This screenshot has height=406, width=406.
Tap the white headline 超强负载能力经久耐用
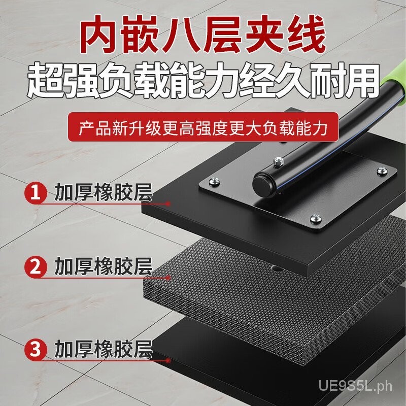[x=203, y=81]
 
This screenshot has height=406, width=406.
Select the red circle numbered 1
[x=36, y=193]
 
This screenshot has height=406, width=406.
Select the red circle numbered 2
[x=36, y=265]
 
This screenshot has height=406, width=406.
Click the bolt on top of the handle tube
[x=278, y=161]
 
